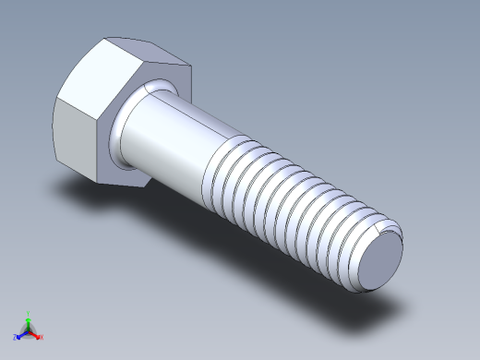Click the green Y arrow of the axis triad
click(29, 320)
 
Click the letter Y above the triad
click(30, 313)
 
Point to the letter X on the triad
click(42, 338)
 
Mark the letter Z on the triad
click(15, 338)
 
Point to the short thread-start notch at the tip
click(381, 225)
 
